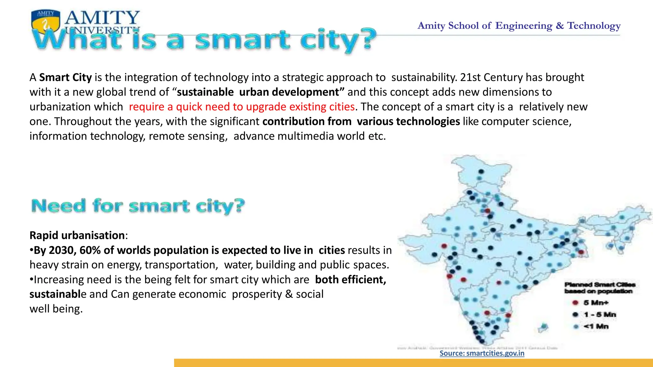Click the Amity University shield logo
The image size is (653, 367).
(x=46, y=22)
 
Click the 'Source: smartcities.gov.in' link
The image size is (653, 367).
(x=482, y=353)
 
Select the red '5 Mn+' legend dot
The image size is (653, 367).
(x=576, y=302)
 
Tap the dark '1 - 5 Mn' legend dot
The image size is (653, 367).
(x=576, y=314)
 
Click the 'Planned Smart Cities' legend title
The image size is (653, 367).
(x=600, y=284)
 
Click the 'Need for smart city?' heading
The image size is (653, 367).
(x=138, y=206)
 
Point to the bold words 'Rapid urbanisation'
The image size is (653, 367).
(x=77, y=235)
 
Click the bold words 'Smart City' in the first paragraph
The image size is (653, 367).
(x=65, y=77)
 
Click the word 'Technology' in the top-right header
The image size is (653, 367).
(x=594, y=25)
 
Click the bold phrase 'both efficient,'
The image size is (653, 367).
(x=350, y=280)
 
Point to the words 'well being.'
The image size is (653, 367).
(x=56, y=309)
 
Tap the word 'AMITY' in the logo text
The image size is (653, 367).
(x=102, y=18)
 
